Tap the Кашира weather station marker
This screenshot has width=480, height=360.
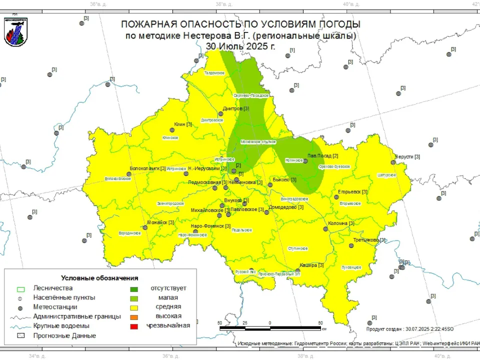pos(298,270)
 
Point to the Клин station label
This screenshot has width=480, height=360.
pos(183,124)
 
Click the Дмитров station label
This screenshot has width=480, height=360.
pos(235,108)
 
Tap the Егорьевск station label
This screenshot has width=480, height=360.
pos(352,192)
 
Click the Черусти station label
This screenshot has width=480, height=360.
pos(407,156)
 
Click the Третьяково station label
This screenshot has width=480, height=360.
pos(369,240)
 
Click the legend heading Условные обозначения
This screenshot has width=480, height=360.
pos(99,277)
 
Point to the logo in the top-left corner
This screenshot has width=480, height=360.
pos(15,32)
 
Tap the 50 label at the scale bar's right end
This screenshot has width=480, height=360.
pos(320,323)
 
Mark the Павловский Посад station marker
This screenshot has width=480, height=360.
pos(305,161)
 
